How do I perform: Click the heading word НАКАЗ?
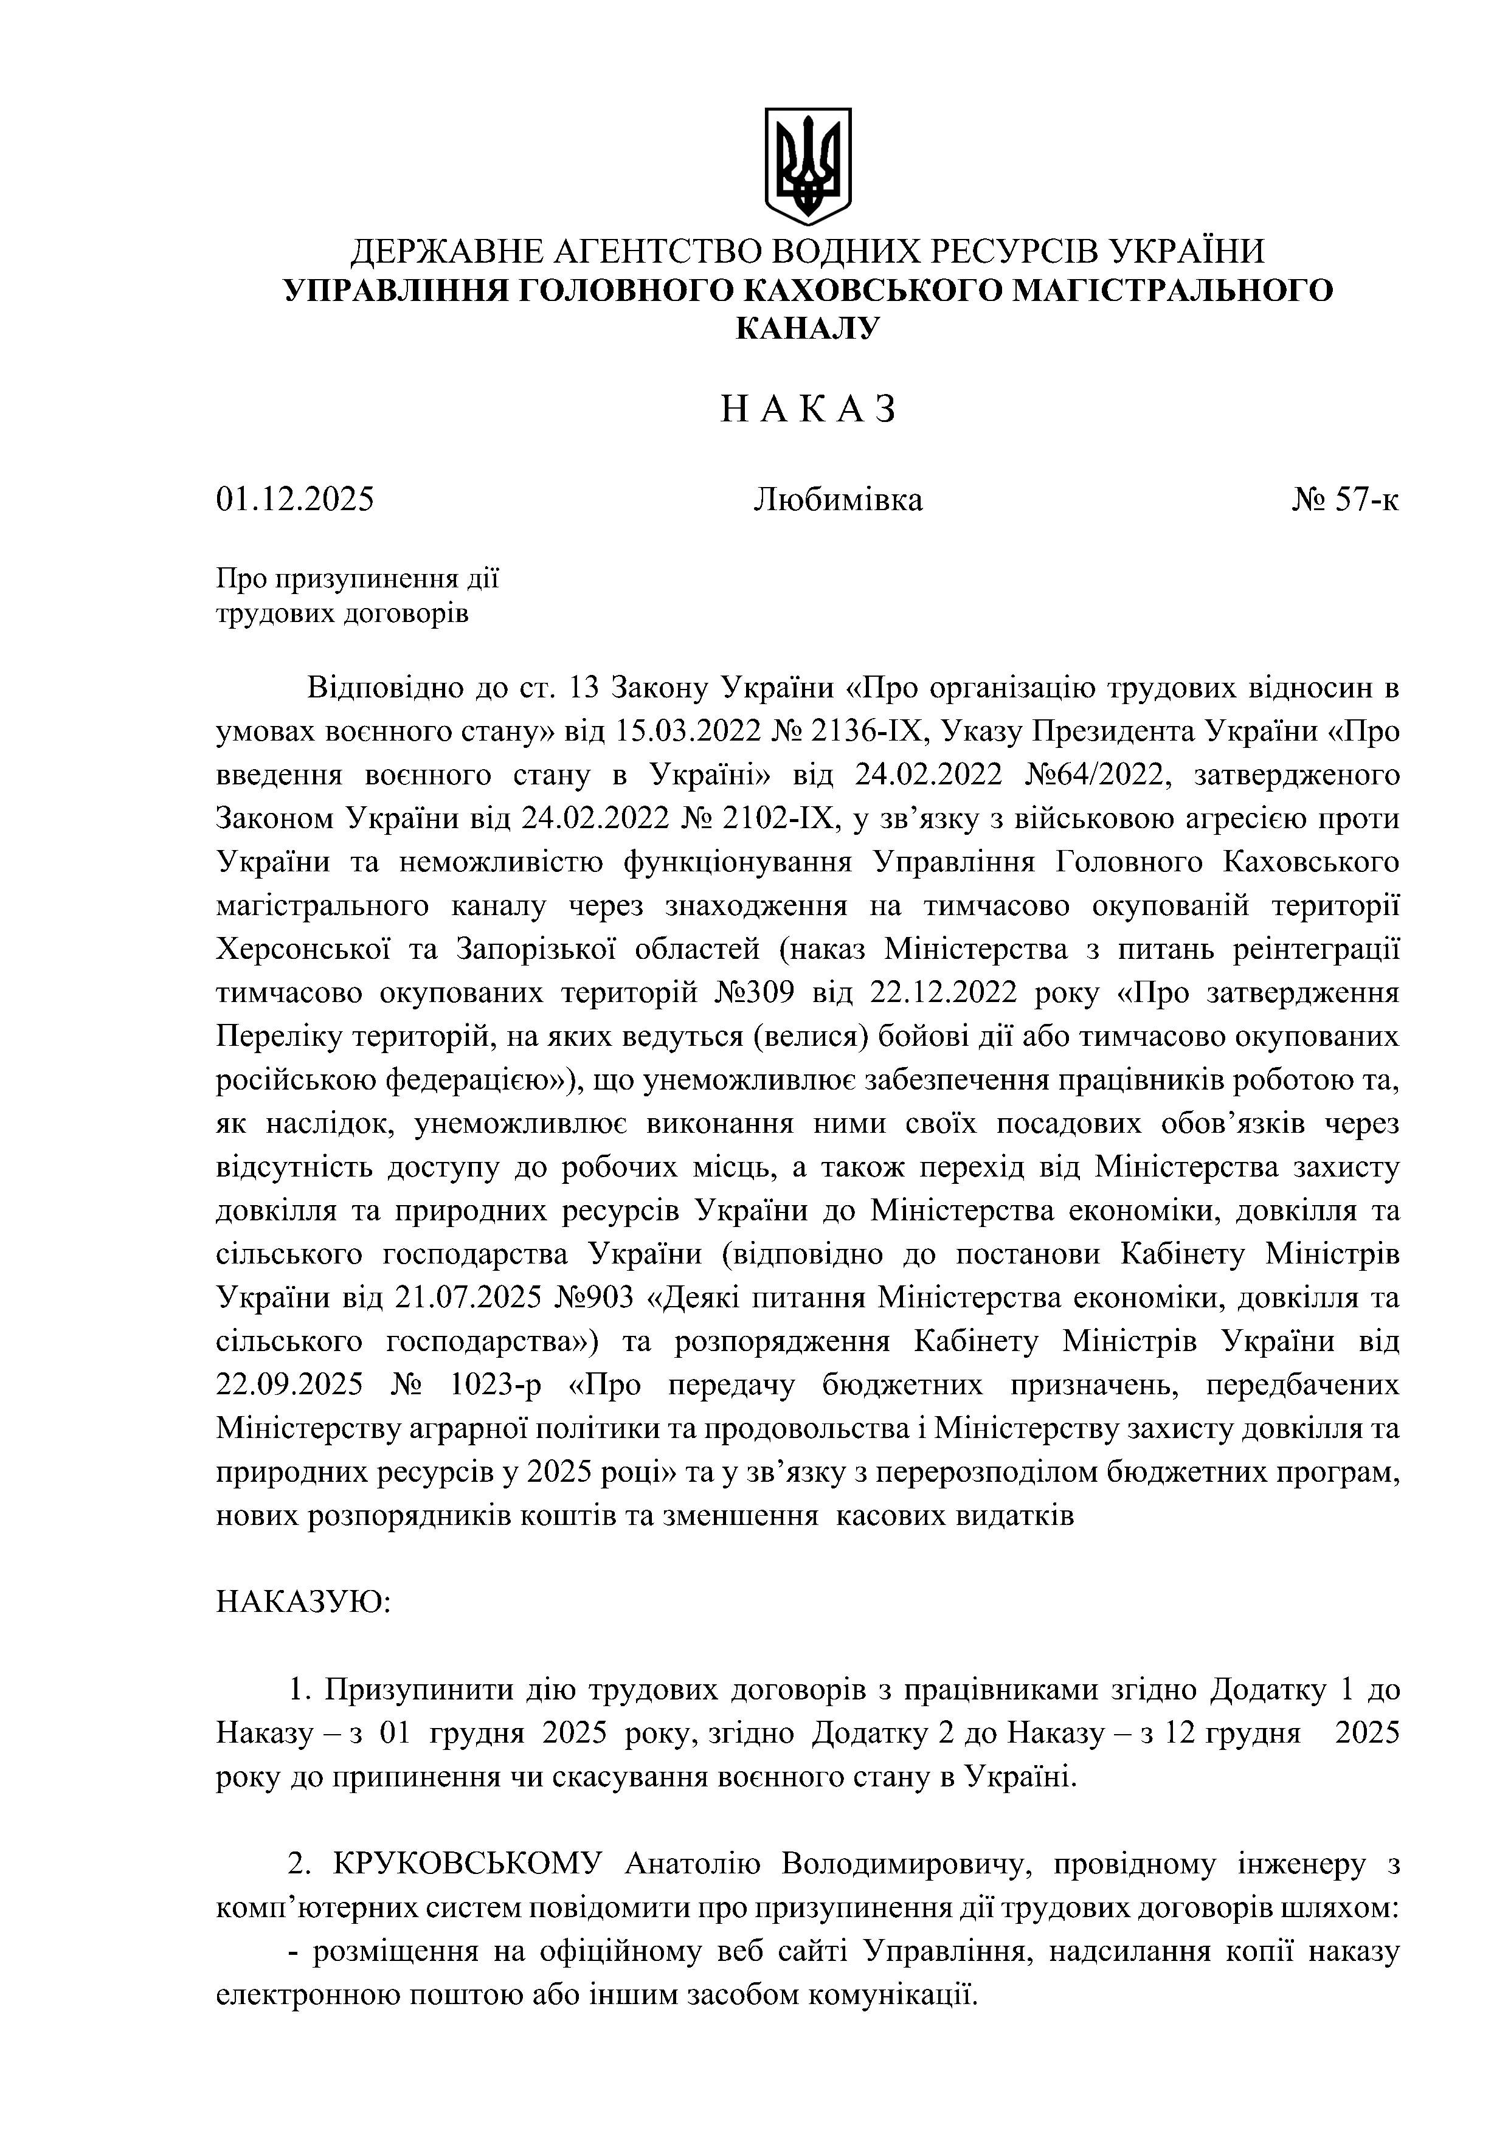[x=808, y=409]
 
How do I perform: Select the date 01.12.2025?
[x=296, y=500]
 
